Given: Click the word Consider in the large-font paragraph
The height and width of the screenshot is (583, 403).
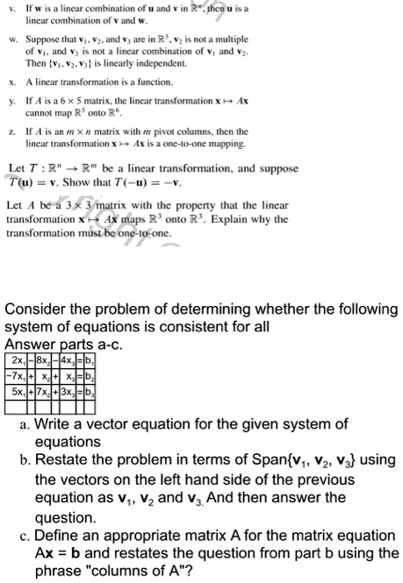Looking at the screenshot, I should point(36,310).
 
